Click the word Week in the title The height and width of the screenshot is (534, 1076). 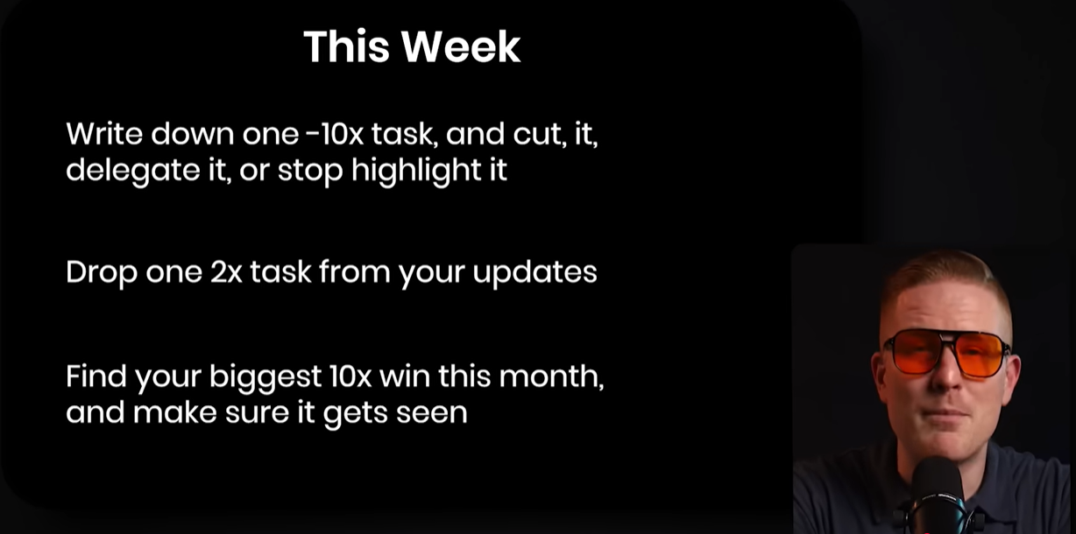[461, 46]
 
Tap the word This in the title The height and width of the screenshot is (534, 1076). [346, 46]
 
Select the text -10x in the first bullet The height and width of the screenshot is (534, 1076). [335, 134]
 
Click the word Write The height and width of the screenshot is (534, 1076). [104, 133]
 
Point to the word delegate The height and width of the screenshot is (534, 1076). [132, 171]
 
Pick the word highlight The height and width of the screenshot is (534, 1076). [416, 170]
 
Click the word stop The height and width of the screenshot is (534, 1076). [310, 172]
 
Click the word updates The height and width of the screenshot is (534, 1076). [534, 272]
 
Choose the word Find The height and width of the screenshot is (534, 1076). [96, 376]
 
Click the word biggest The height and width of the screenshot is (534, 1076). [265, 377]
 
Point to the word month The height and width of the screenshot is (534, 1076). [551, 376]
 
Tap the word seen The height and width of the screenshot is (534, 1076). [432, 413]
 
